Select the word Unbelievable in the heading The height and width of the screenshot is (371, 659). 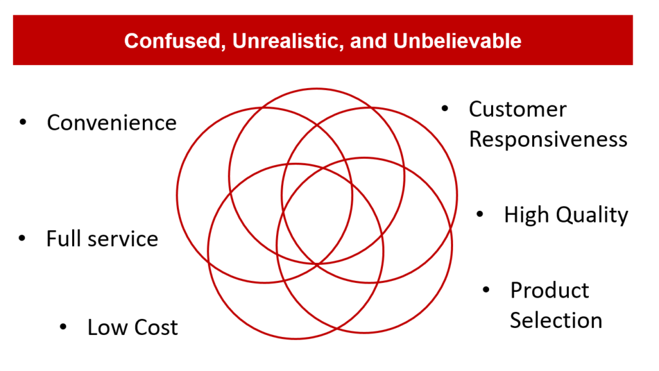(x=457, y=41)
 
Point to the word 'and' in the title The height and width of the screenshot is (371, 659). (x=368, y=41)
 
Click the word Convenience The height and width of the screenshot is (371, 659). (x=112, y=123)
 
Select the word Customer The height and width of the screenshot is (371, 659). (x=518, y=109)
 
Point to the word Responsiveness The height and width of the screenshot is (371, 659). (x=548, y=140)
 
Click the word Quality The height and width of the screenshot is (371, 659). (x=592, y=215)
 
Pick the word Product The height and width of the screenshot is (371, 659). (x=550, y=291)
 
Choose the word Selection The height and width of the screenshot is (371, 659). (x=556, y=321)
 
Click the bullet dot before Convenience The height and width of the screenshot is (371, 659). (x=23, y=122)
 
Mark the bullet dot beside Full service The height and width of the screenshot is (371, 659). (x=23, y=238)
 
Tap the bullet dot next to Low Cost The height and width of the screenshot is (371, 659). (x=64, y=327)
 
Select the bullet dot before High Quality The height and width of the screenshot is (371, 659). (x=480, y=214)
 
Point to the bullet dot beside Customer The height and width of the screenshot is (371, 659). (x=445, y=109)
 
